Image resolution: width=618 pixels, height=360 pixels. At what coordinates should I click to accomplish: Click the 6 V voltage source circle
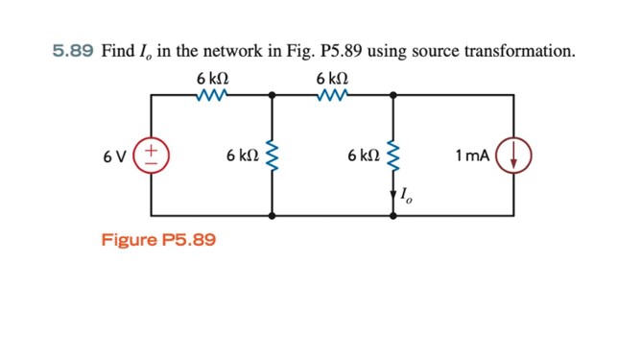[153, 155]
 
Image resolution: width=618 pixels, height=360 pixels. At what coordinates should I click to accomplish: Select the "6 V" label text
[117, 156]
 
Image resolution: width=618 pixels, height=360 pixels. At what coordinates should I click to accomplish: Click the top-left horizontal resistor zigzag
[212, 94]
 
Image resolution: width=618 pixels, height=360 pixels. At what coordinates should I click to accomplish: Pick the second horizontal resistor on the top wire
[332, 94]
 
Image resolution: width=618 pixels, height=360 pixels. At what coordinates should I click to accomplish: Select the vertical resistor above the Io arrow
[393, 155]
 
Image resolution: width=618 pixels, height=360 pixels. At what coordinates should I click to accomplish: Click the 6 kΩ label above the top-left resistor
[212, 76]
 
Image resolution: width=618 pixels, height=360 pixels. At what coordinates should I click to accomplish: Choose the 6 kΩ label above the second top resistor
[332, 76]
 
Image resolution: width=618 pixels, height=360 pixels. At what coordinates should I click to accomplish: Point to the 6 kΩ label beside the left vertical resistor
[242, 155]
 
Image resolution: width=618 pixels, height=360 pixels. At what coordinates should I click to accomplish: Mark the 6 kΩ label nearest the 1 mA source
[364, 155]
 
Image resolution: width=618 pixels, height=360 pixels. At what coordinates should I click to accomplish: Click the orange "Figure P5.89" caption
[158, 239]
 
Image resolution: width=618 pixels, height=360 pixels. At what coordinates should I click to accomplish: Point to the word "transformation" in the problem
[525, 51]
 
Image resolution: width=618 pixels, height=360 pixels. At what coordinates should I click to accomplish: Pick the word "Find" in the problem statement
[118, 51]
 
